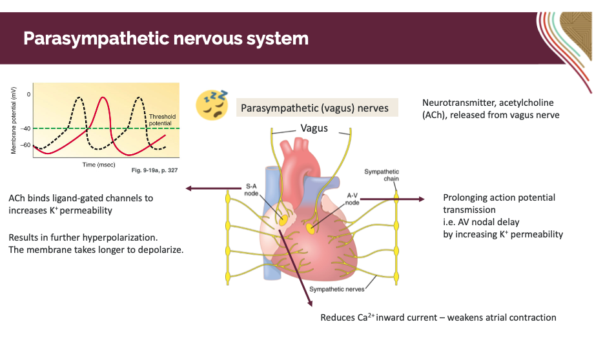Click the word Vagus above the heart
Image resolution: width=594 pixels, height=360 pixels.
[314, 128]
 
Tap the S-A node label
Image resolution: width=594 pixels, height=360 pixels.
[251, 188]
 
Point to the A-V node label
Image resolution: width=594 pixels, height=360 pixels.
[352, 198]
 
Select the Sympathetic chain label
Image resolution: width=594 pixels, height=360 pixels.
[382, 175]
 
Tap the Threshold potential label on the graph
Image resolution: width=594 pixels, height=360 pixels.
[159, 119]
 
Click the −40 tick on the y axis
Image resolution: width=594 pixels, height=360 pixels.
[26, 128]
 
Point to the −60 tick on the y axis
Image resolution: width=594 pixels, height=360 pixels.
[26, 145]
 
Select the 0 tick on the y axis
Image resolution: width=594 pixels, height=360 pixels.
[28, 94]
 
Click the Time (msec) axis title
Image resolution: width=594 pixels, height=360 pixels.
[99, 165]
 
